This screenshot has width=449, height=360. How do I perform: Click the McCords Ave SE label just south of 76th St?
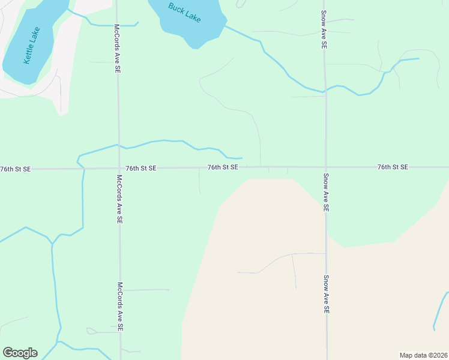tap(119, 199)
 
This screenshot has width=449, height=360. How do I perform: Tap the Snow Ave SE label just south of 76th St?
tap(325, 192)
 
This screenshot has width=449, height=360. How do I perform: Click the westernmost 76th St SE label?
tap(15, 169)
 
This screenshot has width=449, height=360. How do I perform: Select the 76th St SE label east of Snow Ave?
tap(393, 167)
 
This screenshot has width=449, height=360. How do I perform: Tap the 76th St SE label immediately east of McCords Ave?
tap(141, 169)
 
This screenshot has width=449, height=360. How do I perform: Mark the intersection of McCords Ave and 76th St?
tap(119, 169)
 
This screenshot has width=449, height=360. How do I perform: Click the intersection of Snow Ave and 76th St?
tap(326, 167)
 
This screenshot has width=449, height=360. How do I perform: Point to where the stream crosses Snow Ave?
tap(325, 91)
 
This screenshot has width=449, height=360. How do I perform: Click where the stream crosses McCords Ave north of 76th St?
tap(118, 145)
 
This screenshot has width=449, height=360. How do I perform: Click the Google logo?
tap(20, 353)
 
